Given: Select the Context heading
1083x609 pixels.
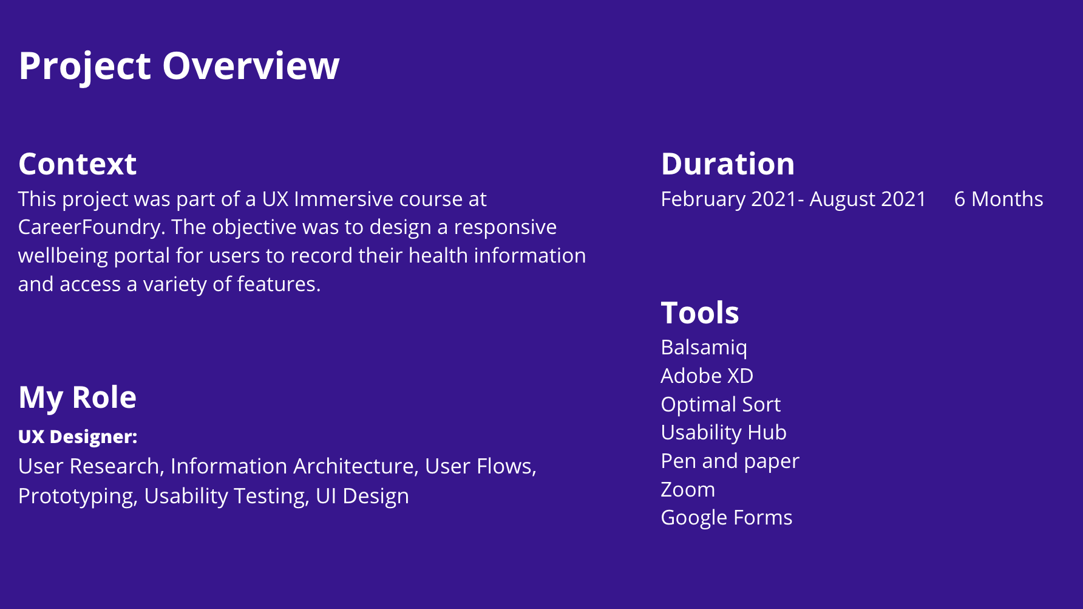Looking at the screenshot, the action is pos(78,164).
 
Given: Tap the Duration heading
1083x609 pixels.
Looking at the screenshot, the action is pos(728,164).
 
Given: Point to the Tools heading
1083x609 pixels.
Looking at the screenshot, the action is pos(700,313).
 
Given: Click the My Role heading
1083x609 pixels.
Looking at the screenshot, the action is pos(78,398).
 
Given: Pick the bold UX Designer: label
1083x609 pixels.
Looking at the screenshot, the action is pos(78,436).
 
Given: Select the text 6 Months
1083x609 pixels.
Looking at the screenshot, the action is pos(999,199).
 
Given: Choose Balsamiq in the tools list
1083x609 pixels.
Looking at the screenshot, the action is pos(704,348).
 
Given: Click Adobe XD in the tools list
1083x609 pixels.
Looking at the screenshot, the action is pos(707,376).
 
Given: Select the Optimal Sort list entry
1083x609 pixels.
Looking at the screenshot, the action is pos(721,405).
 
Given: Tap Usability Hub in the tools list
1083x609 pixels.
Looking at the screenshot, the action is pos(724,433).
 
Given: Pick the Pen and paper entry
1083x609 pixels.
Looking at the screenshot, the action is pos(730,462).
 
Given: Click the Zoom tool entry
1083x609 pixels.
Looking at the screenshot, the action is pos(688,490).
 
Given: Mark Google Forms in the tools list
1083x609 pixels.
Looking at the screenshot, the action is pos(727,518).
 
